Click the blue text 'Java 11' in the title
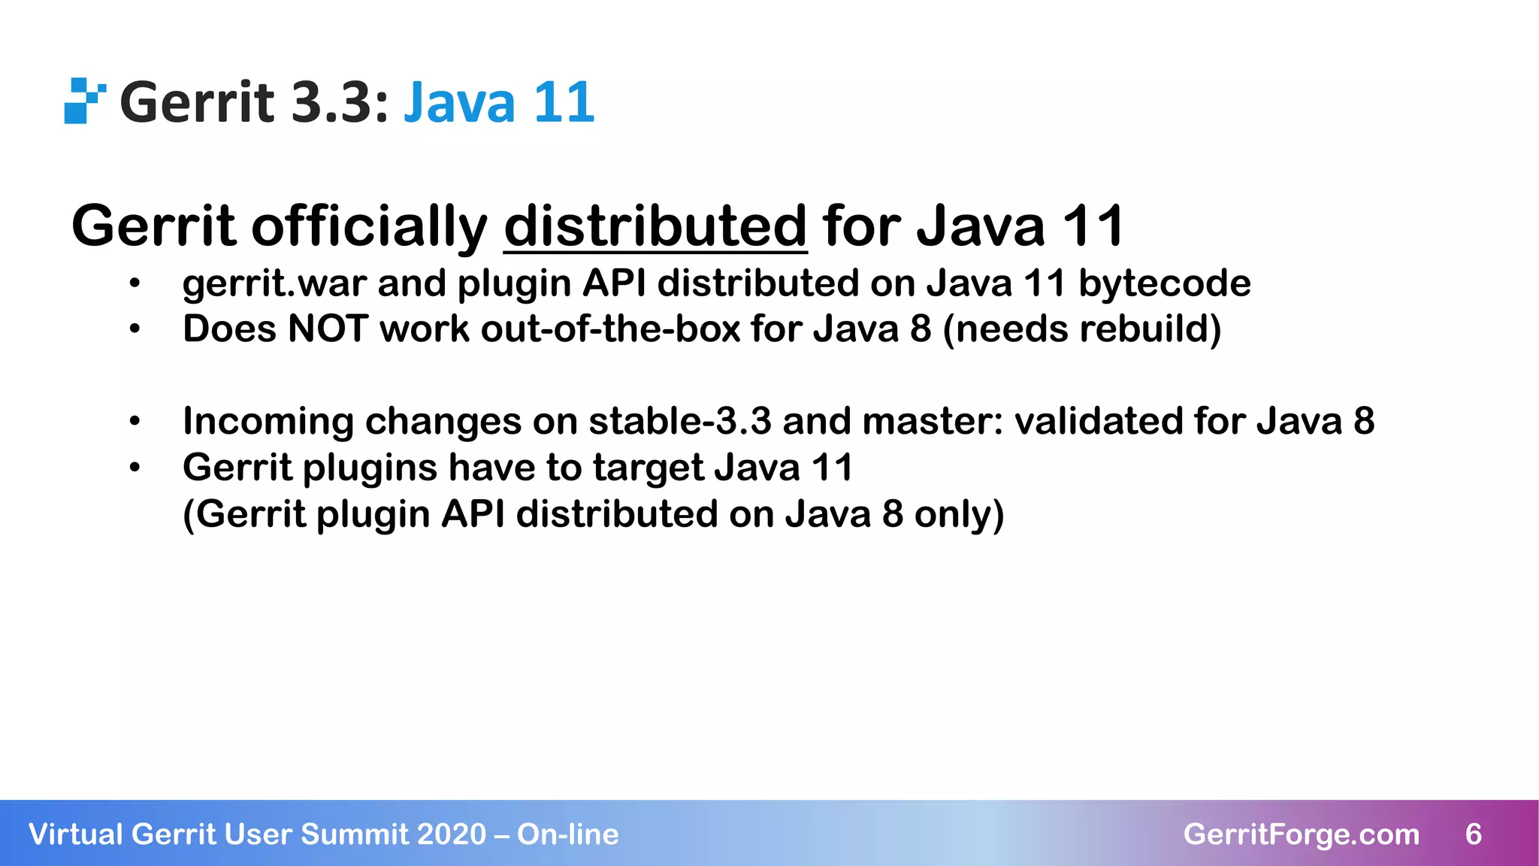[499, 102]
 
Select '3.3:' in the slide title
[340, 102]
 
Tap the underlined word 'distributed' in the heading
[655, 226]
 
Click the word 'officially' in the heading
[369, 226]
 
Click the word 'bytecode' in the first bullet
[1164, 283]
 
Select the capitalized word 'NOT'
[327, 329]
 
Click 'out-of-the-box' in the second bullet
[610, 329]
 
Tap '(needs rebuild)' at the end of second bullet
[1081, 329]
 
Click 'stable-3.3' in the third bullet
[679, 421]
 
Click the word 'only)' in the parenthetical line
[959, 515]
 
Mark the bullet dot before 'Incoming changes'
[135, 422]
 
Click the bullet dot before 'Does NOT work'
[135, 330]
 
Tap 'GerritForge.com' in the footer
[1301, 834]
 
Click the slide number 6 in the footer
[1473, 834]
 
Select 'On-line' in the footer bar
[567, 834]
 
